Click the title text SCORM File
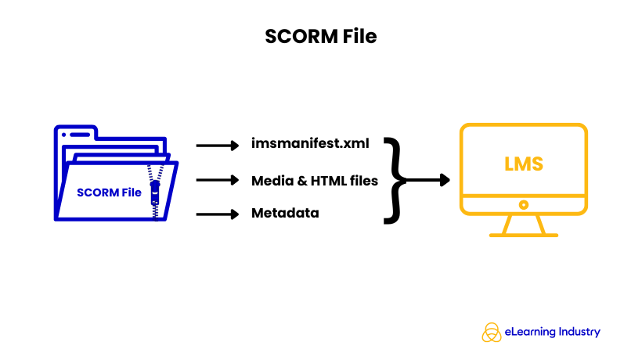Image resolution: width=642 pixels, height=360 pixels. tap(321, 36)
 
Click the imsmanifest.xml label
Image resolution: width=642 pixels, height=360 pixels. tap(310, 143)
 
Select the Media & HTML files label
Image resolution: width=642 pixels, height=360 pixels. tap(315, 181)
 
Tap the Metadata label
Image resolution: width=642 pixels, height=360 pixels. tap(285, 213)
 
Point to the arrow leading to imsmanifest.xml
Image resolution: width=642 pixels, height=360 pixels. tap(216, 145)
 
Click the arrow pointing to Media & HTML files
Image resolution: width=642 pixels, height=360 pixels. tap(216, 181)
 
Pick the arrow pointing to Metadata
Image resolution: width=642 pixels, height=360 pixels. tap(216, 214)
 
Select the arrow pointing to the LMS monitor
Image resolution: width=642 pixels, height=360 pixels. tap(427, 180)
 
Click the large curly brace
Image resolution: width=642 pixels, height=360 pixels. tap(395, 180)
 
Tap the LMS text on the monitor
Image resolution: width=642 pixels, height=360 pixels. tap(523, 165)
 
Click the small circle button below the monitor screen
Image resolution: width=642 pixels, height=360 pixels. tap(523, 203)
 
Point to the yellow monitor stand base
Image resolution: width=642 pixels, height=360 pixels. tap(523, 233)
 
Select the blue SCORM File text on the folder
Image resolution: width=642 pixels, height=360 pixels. tap(109, 193)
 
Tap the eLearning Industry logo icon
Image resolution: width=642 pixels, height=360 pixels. tap(491, 332)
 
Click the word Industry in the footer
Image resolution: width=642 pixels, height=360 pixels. tap(579, 332)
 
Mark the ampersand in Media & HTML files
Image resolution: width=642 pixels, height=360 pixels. tap(299, 181)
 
